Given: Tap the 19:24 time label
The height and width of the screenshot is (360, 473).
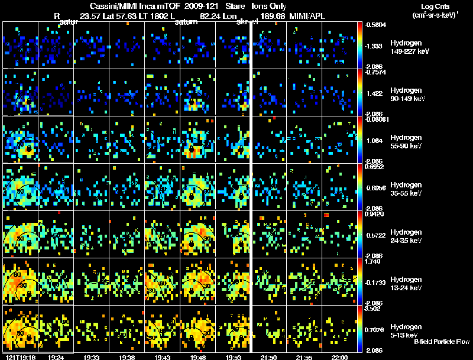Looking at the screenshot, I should pos(56,357).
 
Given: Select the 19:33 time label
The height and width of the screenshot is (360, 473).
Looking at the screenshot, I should pos(91,357).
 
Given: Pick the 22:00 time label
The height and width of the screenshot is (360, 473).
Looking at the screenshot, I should pos(339,357).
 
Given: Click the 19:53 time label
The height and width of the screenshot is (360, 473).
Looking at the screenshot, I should pos(233,357).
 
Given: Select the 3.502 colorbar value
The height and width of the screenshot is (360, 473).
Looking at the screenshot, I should pos(374,308).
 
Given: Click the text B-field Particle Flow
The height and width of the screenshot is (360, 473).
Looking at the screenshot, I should pos(442,342).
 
